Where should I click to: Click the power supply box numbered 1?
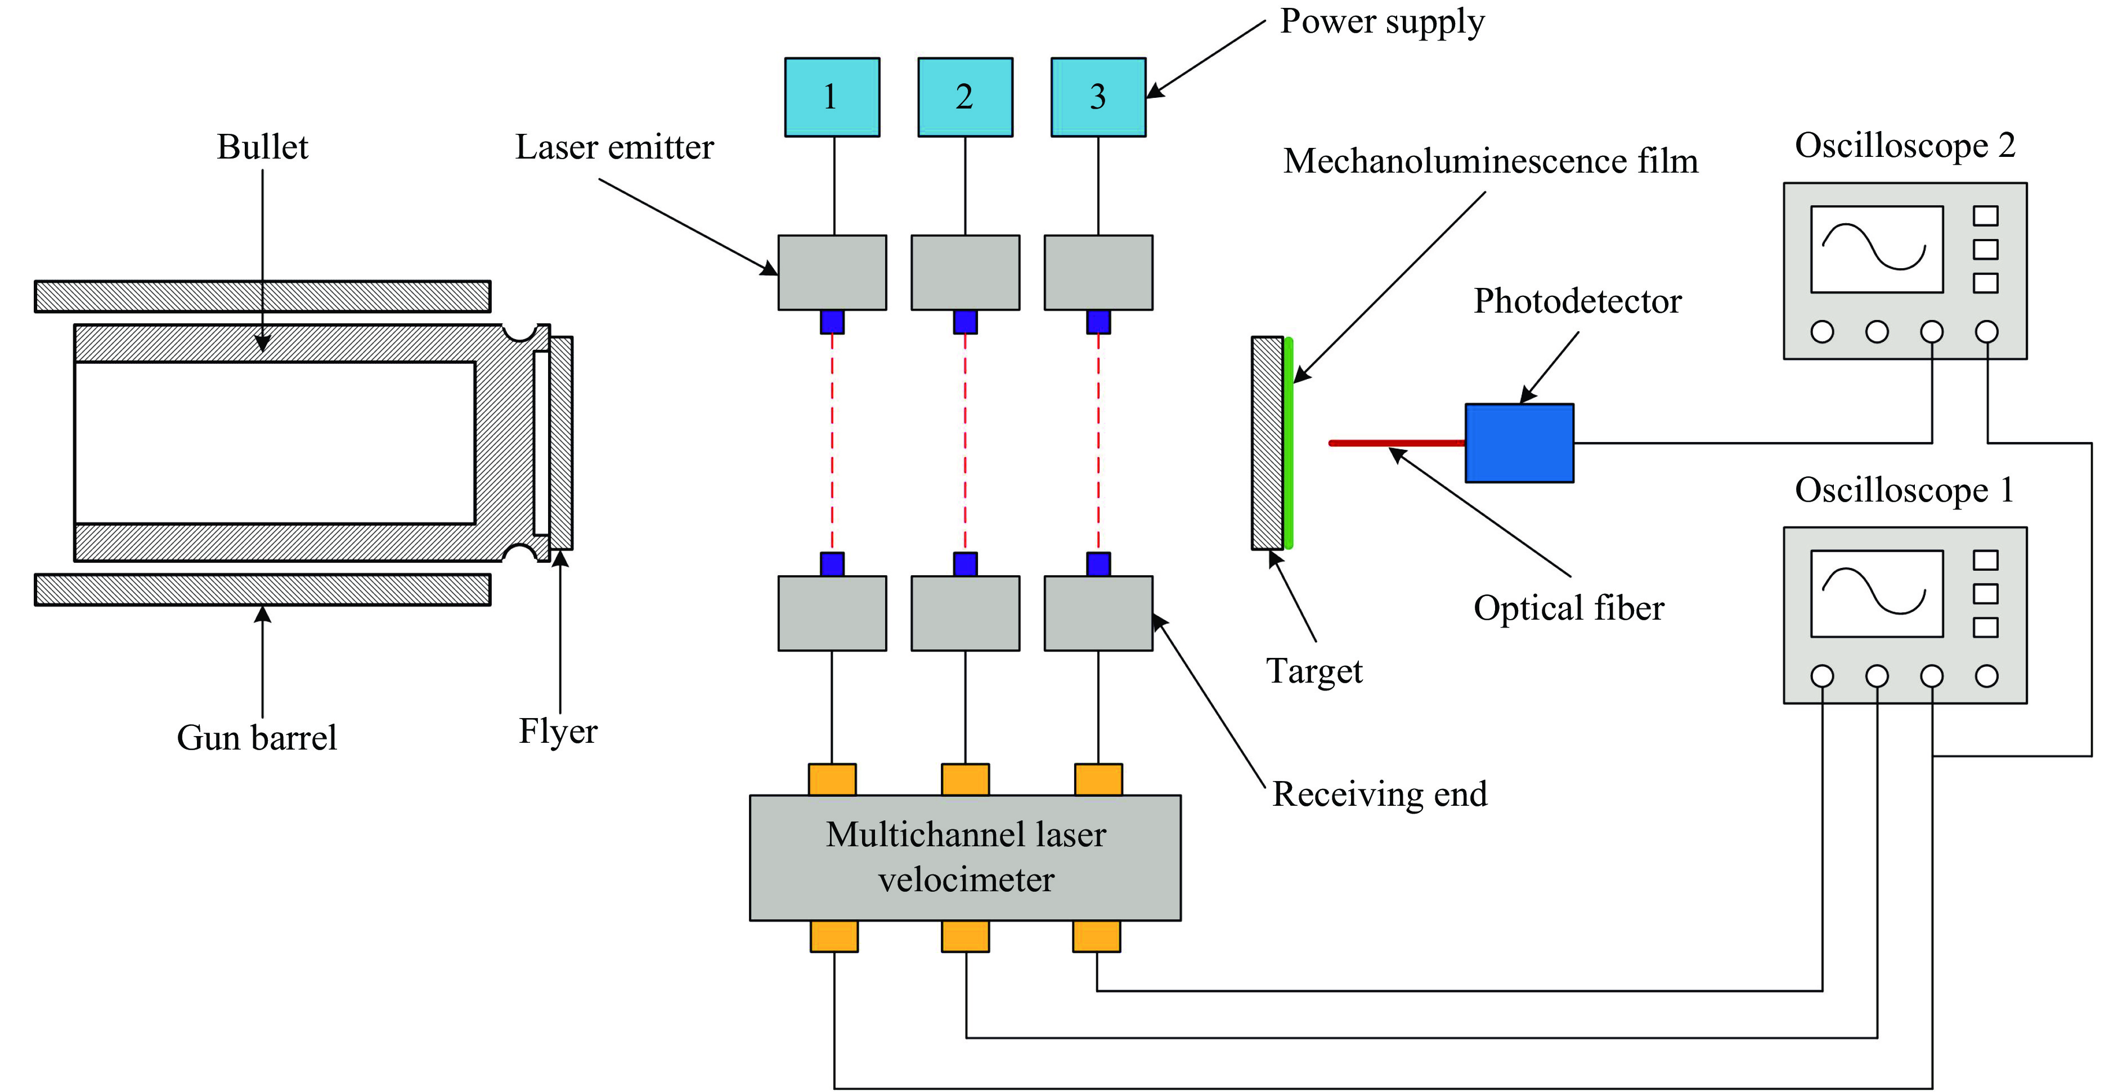click(832, 97)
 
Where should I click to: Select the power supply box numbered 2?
click(964, 97)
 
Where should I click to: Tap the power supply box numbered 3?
click(1097, 97)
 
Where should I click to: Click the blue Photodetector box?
click(1519, 443)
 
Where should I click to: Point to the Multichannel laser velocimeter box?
click(964, 857)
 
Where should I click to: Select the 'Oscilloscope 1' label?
click(1904, 490)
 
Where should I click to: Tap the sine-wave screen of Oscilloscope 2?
click(1876, 249)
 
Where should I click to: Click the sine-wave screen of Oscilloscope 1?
click(1876, 593)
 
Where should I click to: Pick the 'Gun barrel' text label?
click(256, 737)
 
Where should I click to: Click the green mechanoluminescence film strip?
click(1288, 443)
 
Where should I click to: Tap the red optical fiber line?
click(1395, 443)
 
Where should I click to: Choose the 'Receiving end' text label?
click(1379, 794)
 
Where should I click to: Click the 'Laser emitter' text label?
click(614, 147)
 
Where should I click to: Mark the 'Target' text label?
click(1314, 671)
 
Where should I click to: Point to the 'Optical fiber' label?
click(1568, 608)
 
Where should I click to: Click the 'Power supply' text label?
click(1381, 21)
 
